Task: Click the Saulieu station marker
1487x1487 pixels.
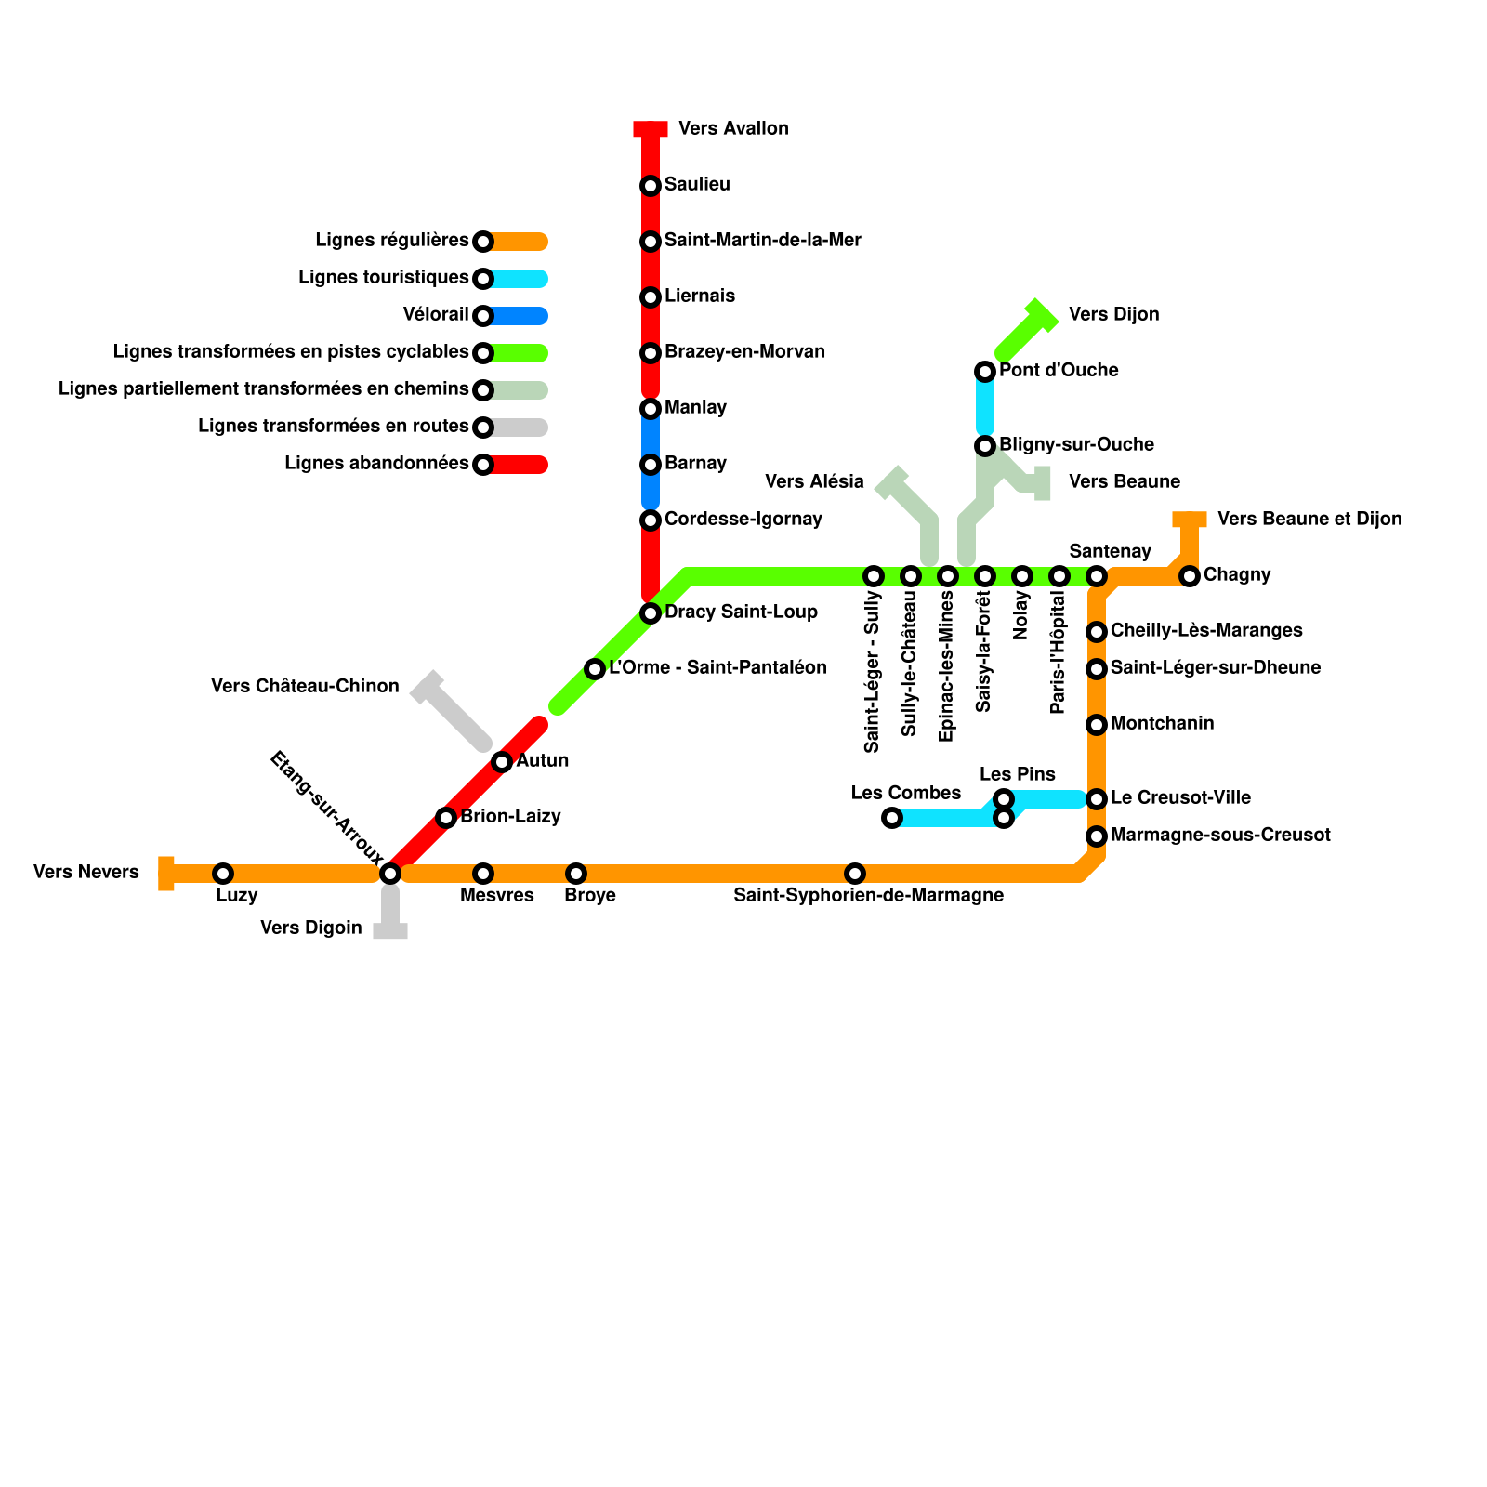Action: coord(651,186)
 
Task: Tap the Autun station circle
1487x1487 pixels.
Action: coord(502,762)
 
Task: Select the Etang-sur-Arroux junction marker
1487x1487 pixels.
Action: coord(390,874)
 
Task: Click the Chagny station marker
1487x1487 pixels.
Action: coord(1190,576)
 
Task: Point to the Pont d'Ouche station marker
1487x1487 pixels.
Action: coord(985,372)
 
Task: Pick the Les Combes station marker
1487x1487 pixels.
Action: coord(892,818)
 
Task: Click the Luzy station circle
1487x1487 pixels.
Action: coord(223,874)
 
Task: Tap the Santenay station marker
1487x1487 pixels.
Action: coord(1097,576)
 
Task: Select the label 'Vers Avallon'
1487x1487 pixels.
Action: coord(733,128)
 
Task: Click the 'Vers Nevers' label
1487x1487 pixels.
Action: coord(86,872)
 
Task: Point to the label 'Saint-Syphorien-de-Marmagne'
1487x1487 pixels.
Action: coord(868,895)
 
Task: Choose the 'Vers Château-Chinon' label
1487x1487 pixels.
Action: coord(305,686)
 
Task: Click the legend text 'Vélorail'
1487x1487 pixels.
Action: coord(436,314)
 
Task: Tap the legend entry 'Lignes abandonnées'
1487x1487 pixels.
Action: coord(376,463)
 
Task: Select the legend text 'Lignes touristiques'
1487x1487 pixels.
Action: coord(384,277)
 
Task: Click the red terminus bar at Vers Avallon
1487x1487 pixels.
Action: coord(651,128)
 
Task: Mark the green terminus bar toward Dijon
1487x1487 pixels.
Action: coord(1041,316)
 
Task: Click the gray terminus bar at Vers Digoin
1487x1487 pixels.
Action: coord(390,930)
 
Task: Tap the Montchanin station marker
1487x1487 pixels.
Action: coord(1097,725)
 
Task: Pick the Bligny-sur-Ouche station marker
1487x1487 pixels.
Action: coord(985,446)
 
